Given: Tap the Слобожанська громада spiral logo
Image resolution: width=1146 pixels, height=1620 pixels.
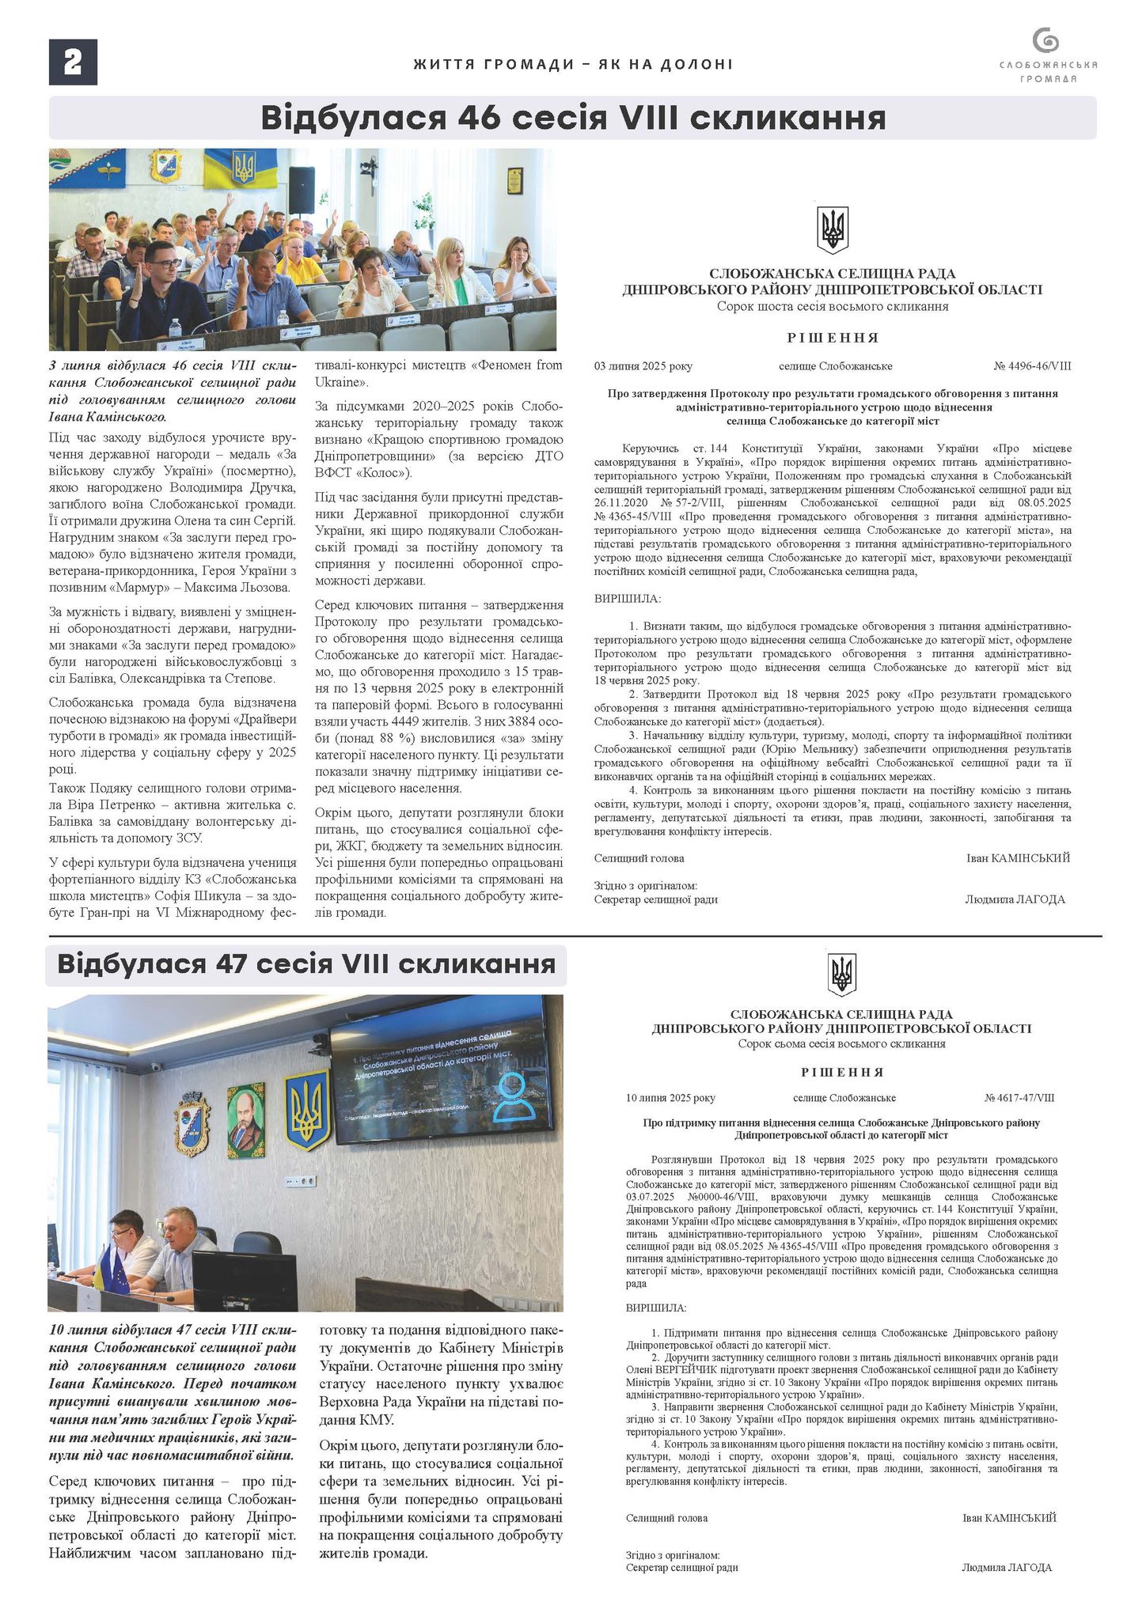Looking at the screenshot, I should (x=1046, y=42).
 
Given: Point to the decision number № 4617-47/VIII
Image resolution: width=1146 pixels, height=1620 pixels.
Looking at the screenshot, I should (x=1019, y=1098).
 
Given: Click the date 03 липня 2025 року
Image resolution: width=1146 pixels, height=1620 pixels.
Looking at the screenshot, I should (x=643, y=366).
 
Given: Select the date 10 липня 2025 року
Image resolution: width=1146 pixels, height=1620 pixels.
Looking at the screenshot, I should (x=670, y=1098).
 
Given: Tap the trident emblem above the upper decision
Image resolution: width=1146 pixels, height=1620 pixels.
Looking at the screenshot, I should (x=833, y=230).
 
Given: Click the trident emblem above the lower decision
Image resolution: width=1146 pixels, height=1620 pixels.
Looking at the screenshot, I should (x=841, y=975).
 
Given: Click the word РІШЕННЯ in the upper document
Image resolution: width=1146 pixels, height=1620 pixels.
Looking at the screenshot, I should (x=833, y=338).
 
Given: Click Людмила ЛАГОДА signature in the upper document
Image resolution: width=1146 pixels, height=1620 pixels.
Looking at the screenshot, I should (x=1015, y=899).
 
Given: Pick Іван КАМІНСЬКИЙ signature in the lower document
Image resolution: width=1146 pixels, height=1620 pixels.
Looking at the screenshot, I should (x=1009, y=1518).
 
